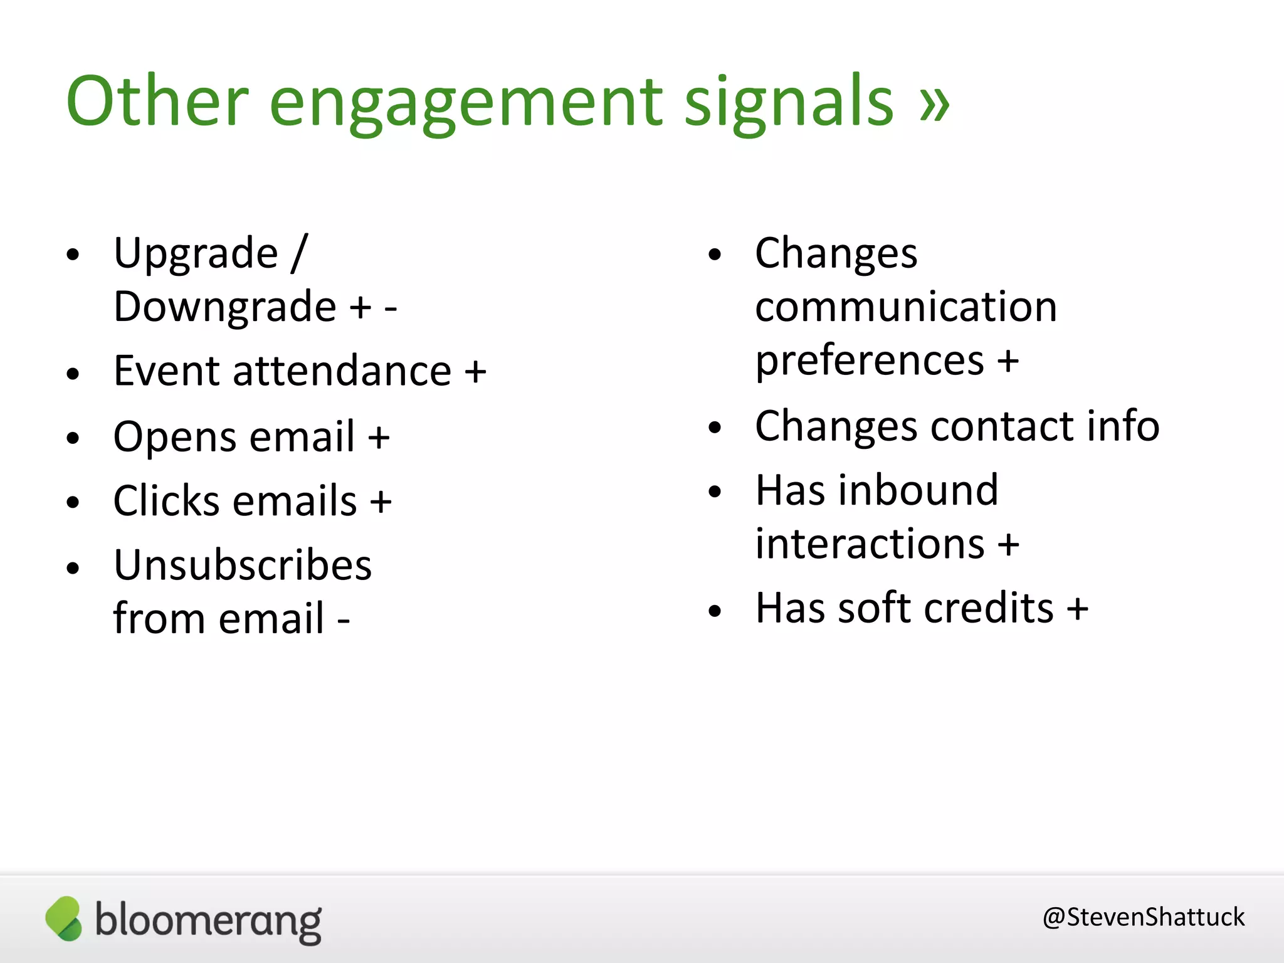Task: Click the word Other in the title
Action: tap(157, 102)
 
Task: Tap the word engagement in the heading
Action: tap(466, 104)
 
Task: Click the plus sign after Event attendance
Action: tap(475, 371)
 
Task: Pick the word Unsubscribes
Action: tap(243, 566)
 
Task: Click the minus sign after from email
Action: tap(344, 621)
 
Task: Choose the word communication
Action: tap(906, 307)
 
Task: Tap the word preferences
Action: tap(870, 362)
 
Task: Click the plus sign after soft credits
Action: tap(1078, 608)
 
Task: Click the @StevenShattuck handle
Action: tap(1143, 917)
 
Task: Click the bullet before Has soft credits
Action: tap(715, 611)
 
